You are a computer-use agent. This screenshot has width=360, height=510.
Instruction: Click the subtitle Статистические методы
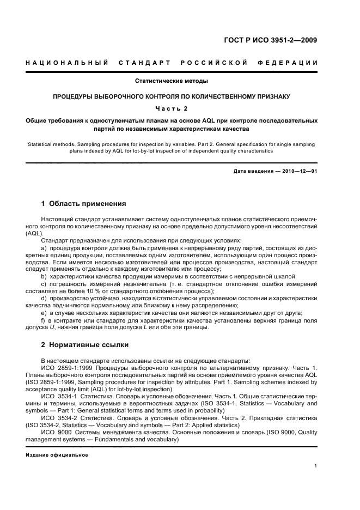point(172,81)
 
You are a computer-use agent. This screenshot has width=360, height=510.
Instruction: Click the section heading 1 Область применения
point(84,204)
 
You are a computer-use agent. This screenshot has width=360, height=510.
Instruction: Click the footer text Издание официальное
point(57,455)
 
